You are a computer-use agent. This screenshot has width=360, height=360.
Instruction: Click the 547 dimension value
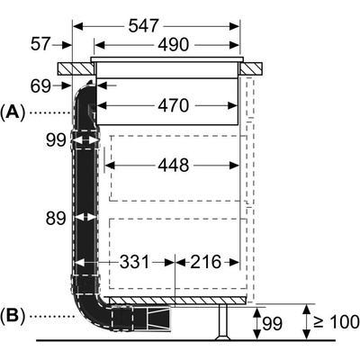tap(143, 26)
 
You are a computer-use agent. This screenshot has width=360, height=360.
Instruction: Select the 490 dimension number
tap(174, 45)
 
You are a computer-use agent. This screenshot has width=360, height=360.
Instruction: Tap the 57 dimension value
tap(40, 44)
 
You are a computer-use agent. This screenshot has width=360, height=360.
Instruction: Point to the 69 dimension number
tap(40, 86)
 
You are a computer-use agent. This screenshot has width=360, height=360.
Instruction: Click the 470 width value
tap(174, 105)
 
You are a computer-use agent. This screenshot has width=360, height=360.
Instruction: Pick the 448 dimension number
tap(174, 165)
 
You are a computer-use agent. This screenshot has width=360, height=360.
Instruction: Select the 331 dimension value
tap(135, 262)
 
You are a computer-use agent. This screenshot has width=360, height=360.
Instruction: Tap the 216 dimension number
tap(206, 262)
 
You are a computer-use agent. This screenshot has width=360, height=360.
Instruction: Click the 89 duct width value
tap(56, 218)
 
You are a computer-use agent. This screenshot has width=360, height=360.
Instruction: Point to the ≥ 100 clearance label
tap(337, 321)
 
